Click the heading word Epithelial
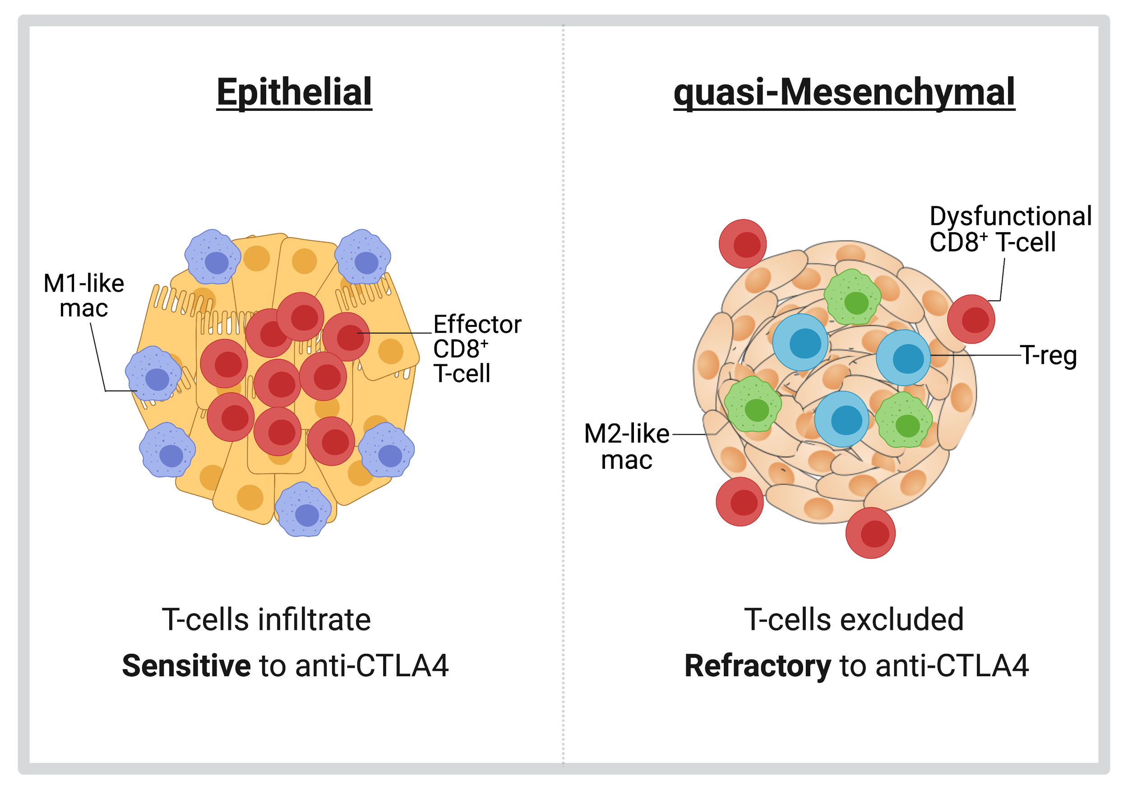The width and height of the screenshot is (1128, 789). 294,92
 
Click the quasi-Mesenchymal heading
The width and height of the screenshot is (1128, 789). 844,92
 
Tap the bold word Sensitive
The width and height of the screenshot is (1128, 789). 186,666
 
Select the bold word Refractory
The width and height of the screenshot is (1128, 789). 757,666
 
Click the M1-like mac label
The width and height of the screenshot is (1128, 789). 83,296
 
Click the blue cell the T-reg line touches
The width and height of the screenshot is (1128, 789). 903,358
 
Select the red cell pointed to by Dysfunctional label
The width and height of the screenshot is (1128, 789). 971,319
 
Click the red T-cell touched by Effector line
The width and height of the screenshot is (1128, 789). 346,336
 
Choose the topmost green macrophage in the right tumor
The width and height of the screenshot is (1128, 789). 852,297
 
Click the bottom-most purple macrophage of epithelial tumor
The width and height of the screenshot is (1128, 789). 303,509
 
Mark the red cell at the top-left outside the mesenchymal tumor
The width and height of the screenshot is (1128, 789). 742,243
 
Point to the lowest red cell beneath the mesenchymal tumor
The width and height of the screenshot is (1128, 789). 870,533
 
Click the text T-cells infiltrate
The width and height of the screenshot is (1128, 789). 266,619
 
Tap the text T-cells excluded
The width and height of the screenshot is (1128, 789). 854,619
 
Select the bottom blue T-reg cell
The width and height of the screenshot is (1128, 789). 841,419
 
